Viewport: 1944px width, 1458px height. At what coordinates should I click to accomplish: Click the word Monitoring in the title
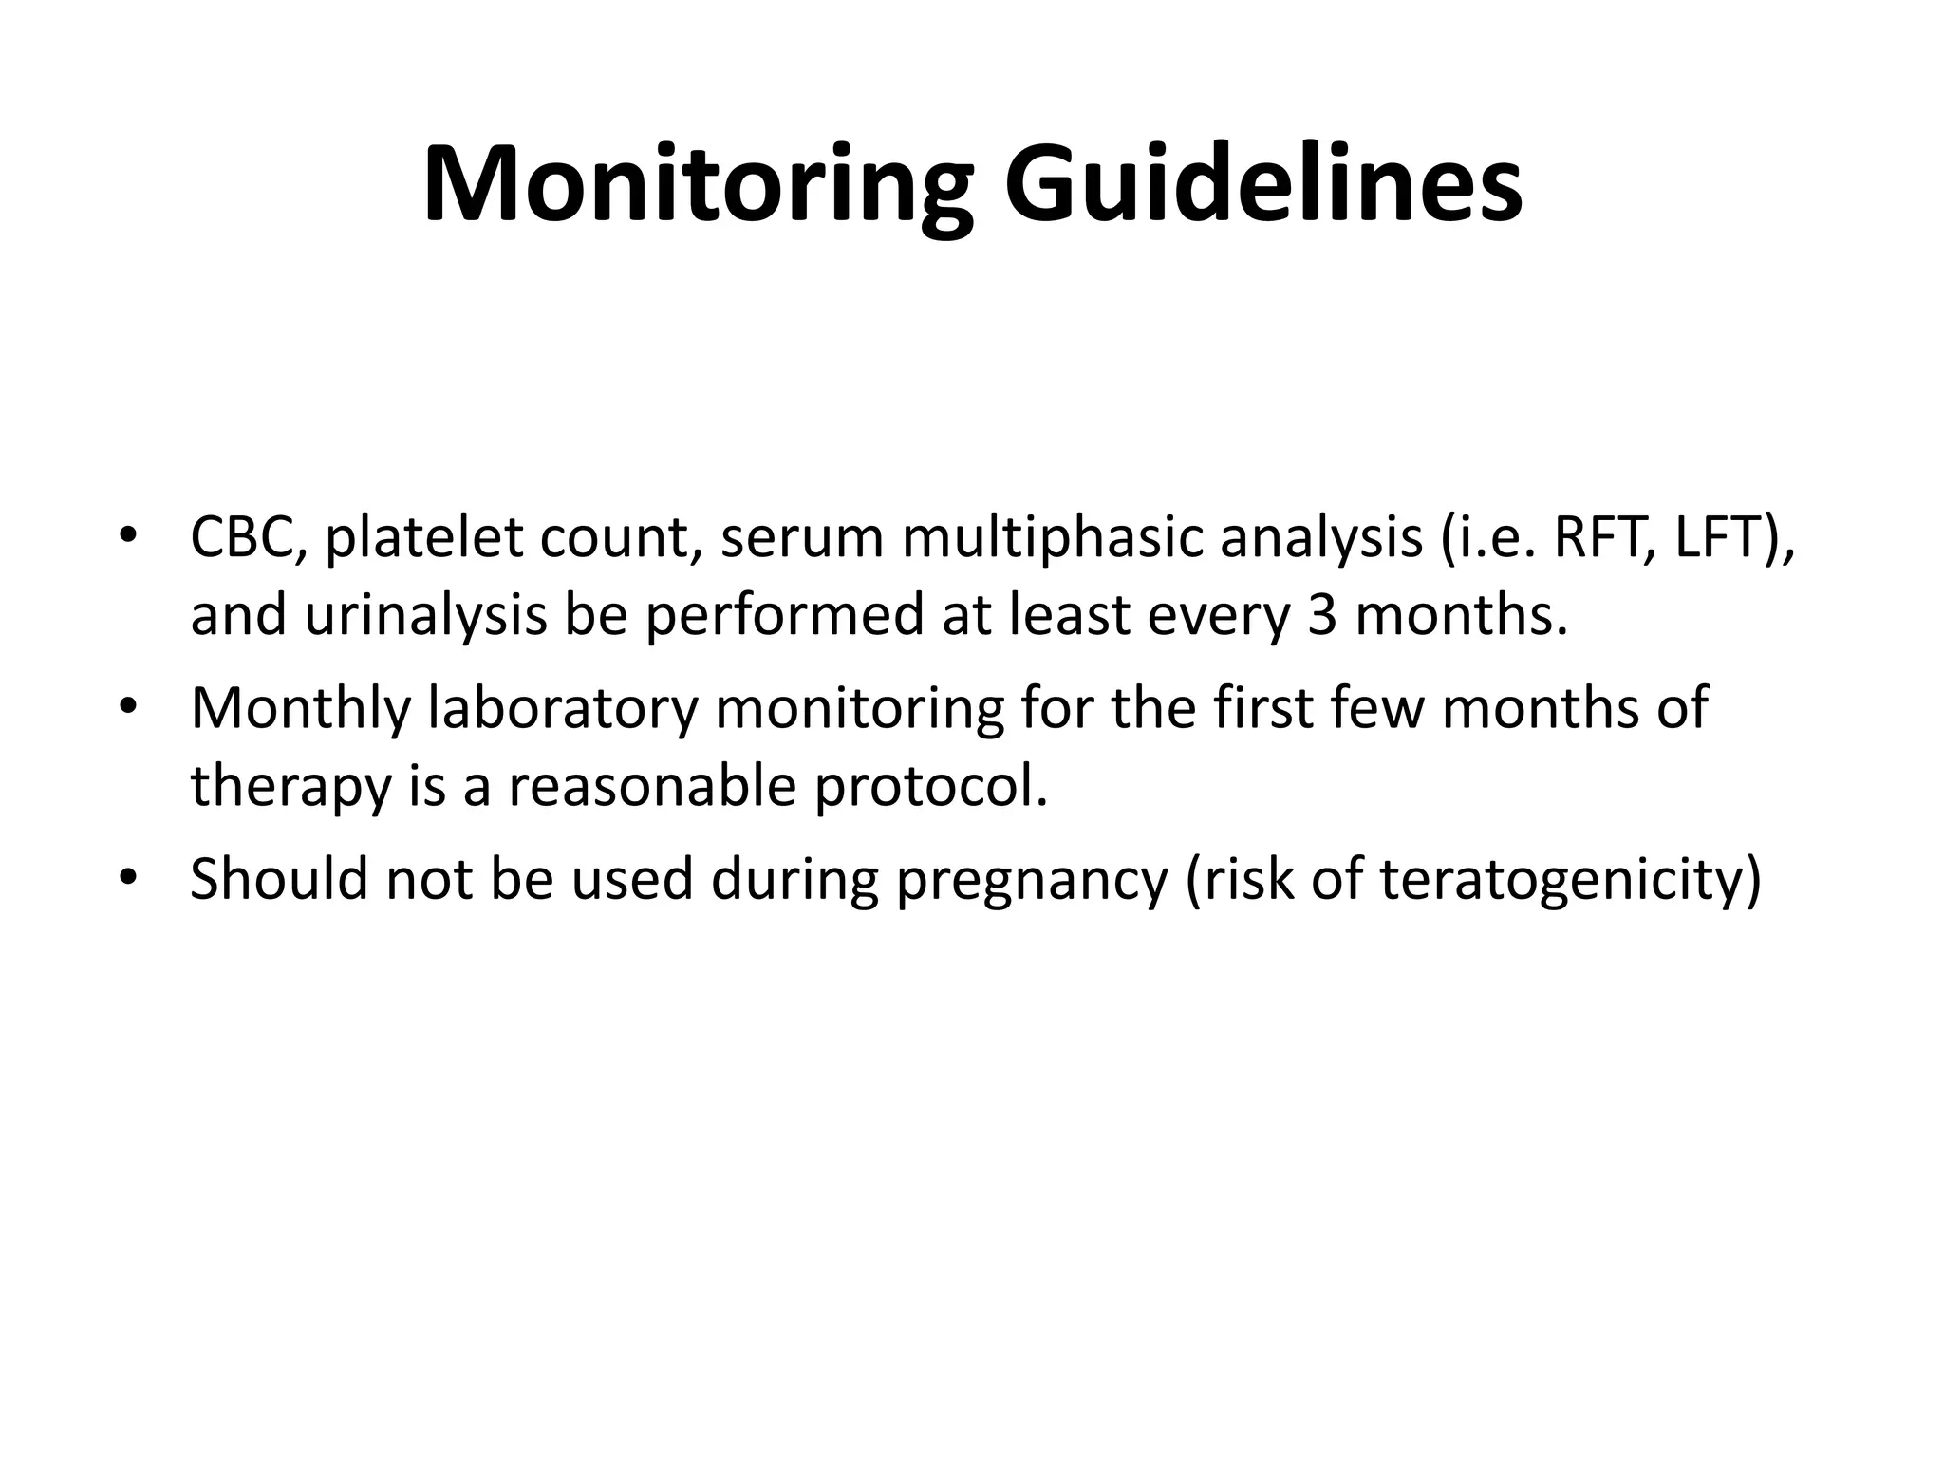click(x=698, y=185)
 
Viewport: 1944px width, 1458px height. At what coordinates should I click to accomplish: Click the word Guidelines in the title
click(x=1263, y=185)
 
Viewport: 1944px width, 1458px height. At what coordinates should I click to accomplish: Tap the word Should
click(x=278, y=879)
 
